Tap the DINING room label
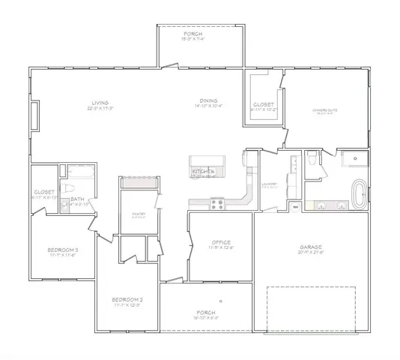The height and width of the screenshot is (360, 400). point(208,103)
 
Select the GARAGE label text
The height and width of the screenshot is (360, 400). point(310,247)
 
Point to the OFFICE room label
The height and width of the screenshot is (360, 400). point(220,243)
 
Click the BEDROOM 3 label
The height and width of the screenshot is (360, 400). point(62,250)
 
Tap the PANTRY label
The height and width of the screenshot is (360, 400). point(139,214)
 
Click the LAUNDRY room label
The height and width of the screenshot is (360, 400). point(270,184)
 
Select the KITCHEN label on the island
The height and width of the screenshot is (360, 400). point(204,172)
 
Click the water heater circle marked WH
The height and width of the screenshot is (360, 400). point(295,205)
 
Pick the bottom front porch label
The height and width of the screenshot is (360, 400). point(205,312)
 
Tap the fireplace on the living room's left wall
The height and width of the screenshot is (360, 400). point(34,116)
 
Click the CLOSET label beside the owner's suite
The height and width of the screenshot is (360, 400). point(263,104)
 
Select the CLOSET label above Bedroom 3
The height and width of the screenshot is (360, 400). point(43,192)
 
